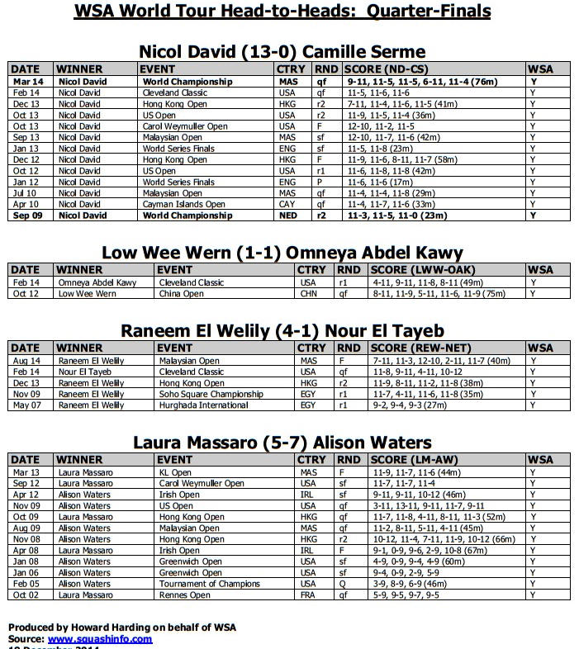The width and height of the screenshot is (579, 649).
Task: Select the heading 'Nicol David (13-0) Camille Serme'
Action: tap(282, 51)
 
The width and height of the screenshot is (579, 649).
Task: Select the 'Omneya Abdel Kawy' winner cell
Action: tap(97, 282)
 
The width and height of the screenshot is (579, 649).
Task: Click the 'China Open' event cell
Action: tap(181, 293)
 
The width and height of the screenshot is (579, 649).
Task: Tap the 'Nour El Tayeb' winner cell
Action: tap(86, 372)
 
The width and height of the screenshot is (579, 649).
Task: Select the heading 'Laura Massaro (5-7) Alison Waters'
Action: tap(282, 443)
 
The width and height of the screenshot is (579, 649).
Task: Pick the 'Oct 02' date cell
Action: tap(26, 595)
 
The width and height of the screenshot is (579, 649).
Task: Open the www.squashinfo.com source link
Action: tap(100, 638)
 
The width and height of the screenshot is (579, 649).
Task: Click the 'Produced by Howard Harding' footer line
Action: tap(121, 628)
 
